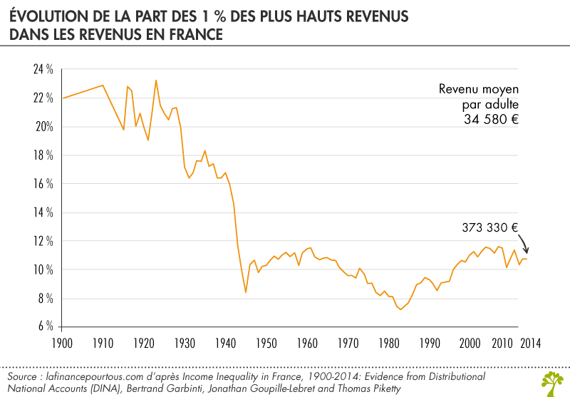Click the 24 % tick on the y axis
(x=43, y=70)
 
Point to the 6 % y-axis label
(x=46, y=326)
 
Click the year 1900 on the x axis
(x=63, y=343)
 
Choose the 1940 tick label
(x=225, y=343)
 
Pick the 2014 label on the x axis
(x=528, y=343)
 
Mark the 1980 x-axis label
(x=388, y=343)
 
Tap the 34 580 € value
(x=490, y=120)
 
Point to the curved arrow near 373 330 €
(x=524, y=244)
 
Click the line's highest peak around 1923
(x=156, y=81)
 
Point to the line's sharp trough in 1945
(x=246, y=292)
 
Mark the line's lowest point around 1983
(x=400, y=309)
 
